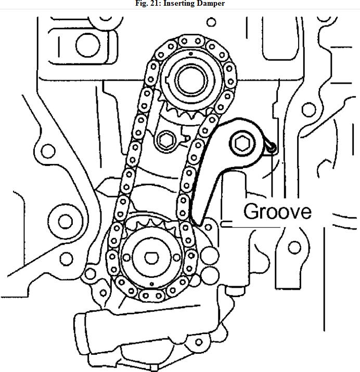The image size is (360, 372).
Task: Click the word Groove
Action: click(277, 211)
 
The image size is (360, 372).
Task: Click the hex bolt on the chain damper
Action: click(242, 144)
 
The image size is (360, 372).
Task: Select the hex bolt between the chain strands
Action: click(166, 140)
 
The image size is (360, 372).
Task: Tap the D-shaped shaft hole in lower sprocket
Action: click(151, 258)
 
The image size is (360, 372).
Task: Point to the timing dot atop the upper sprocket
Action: click(191, 54)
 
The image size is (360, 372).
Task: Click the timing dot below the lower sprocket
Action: click(152, 284)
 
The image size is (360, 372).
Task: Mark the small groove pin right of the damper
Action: click(272, 147)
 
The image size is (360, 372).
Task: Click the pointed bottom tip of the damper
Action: click(198, 224)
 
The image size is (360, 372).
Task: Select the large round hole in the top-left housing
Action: click(88, 45)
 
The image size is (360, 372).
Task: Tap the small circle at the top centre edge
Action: click(211, 22)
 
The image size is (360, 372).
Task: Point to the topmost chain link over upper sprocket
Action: click(191, 41)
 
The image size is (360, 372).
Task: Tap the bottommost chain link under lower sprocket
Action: click(152, 296)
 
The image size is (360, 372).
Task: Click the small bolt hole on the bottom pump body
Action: click(199, 342)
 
